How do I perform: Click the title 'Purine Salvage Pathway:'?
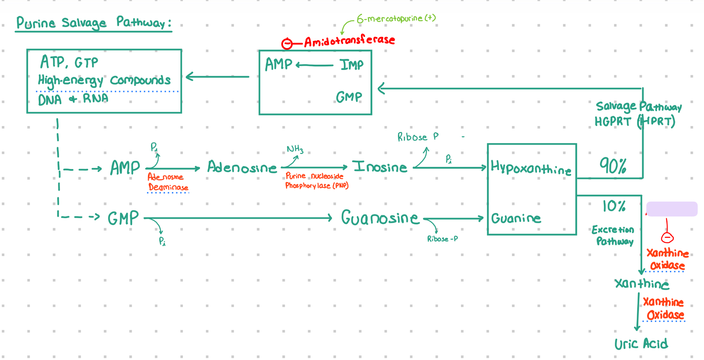(x=94, y=23)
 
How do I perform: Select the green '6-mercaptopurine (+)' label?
(x=396, y=18)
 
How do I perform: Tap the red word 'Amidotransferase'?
(x=350, y=40)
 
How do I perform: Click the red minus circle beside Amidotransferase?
(x=287, y=44)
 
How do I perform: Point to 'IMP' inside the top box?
(x=351, y=65)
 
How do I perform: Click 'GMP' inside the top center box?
(x=349, y=97)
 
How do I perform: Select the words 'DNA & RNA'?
(x=73, y=99)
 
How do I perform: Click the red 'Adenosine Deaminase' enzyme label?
(x=168, y=182)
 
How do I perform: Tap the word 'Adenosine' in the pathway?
(x=242, y=167)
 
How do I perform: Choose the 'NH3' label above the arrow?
(x=295, y=149)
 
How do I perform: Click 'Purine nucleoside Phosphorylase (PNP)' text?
(x=316, y=181)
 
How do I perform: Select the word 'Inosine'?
(x=380, y=167)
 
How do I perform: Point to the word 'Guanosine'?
(x=380, y=218)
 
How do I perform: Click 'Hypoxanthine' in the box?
(x=531, y=168)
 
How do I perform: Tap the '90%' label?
(x=613, y=166)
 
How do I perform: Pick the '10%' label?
(x=614, y=206)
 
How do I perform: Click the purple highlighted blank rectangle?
(x=672, y=209)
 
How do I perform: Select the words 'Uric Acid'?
(x=641, y=344)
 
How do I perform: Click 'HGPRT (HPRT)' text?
(x=635, y=121)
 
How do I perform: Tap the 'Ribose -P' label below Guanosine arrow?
(x=442, y=239)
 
